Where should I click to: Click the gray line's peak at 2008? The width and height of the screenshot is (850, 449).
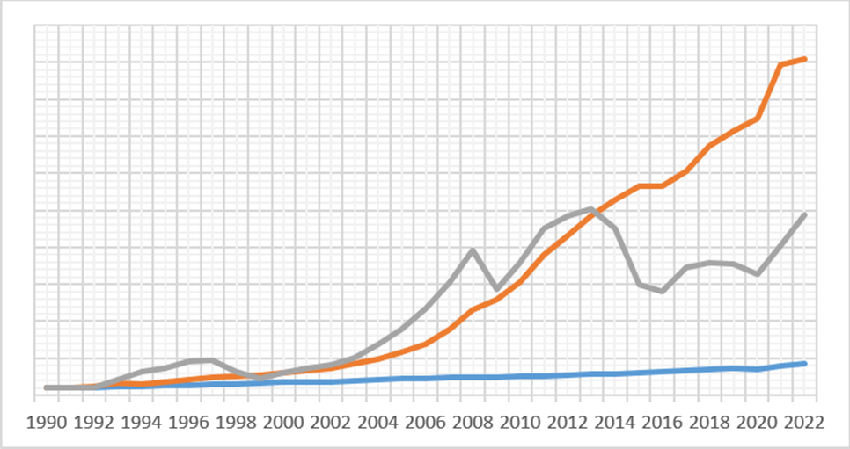(473, 250)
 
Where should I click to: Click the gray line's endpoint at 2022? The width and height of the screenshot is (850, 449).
(804, 214)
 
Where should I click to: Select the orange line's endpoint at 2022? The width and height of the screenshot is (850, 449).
(804, 59)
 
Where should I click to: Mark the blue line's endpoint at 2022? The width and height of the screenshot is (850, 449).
(804, 363)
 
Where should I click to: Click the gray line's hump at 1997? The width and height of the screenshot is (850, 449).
(212, 359)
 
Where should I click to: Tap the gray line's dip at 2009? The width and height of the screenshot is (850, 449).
(497, 289)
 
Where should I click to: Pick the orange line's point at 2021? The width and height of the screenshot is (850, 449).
(780, 64)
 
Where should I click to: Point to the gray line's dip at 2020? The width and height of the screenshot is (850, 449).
(758, 274)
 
